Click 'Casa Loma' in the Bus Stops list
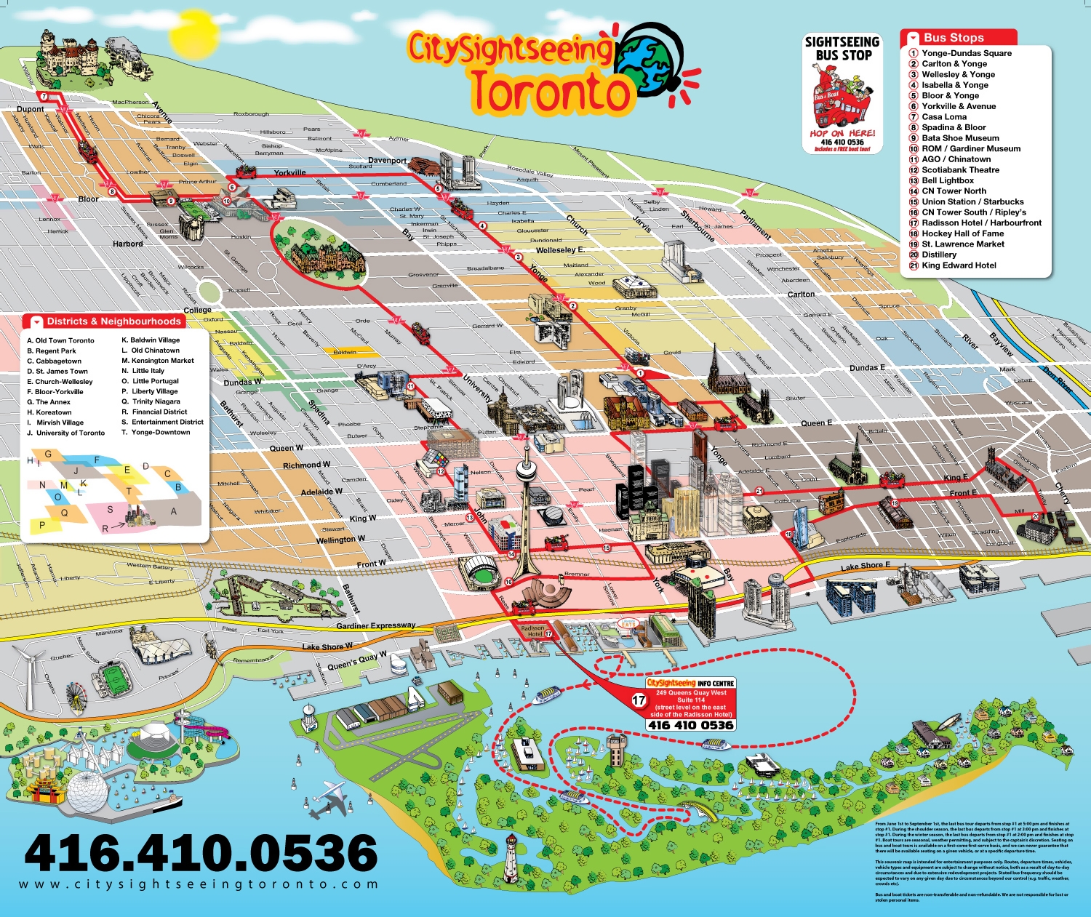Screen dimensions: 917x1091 [944, 116]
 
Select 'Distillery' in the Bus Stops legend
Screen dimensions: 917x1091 [939, 255]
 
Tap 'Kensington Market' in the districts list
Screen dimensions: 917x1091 [162, 361]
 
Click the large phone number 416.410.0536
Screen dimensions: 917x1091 [201, 852]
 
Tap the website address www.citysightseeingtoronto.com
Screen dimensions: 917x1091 [199, 885]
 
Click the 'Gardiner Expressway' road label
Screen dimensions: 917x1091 [375, 625]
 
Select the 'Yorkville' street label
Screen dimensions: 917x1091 [289, 173]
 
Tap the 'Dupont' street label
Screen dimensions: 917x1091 [30, 109]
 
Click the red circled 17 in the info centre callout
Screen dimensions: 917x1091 [638, 700]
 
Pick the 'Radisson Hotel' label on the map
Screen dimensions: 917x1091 [532, 630]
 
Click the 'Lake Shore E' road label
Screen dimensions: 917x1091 [865, 566]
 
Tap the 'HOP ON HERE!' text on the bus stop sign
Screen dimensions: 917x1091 [842, 133]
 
